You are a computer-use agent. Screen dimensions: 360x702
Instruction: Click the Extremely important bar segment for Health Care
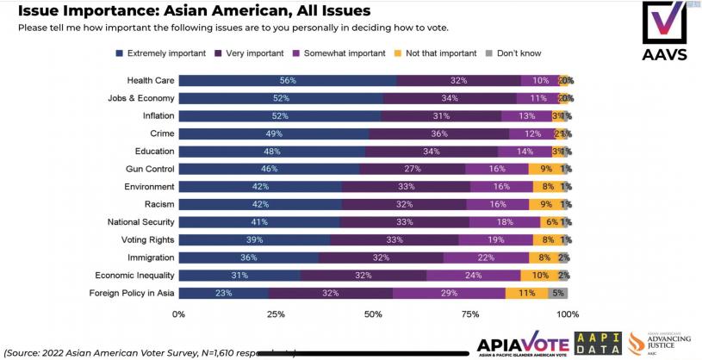pyautogui.click(x=288, y=80)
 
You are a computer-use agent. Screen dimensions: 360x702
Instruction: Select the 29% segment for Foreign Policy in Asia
pyautogui.click(x=448, y=293)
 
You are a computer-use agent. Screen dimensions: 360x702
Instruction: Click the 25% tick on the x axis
pyautogui.click(x=276, y=314)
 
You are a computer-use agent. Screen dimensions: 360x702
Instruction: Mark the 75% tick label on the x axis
pyautogui.click(x=471, y=314)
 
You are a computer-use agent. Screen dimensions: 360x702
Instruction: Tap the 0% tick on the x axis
pyautogui.click(x=179, y=314)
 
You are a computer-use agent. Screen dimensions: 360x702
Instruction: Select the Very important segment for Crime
pyautogui.click(x=439, y=133)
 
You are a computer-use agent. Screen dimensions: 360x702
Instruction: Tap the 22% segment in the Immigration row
pyautogui.click(x=486, y=258)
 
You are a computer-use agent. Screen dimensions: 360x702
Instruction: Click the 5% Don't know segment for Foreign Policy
pyautogui.click(x=557, y=293)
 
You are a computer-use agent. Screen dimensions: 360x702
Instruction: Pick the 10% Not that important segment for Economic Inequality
pyautogui.click(x=539, y=275)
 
